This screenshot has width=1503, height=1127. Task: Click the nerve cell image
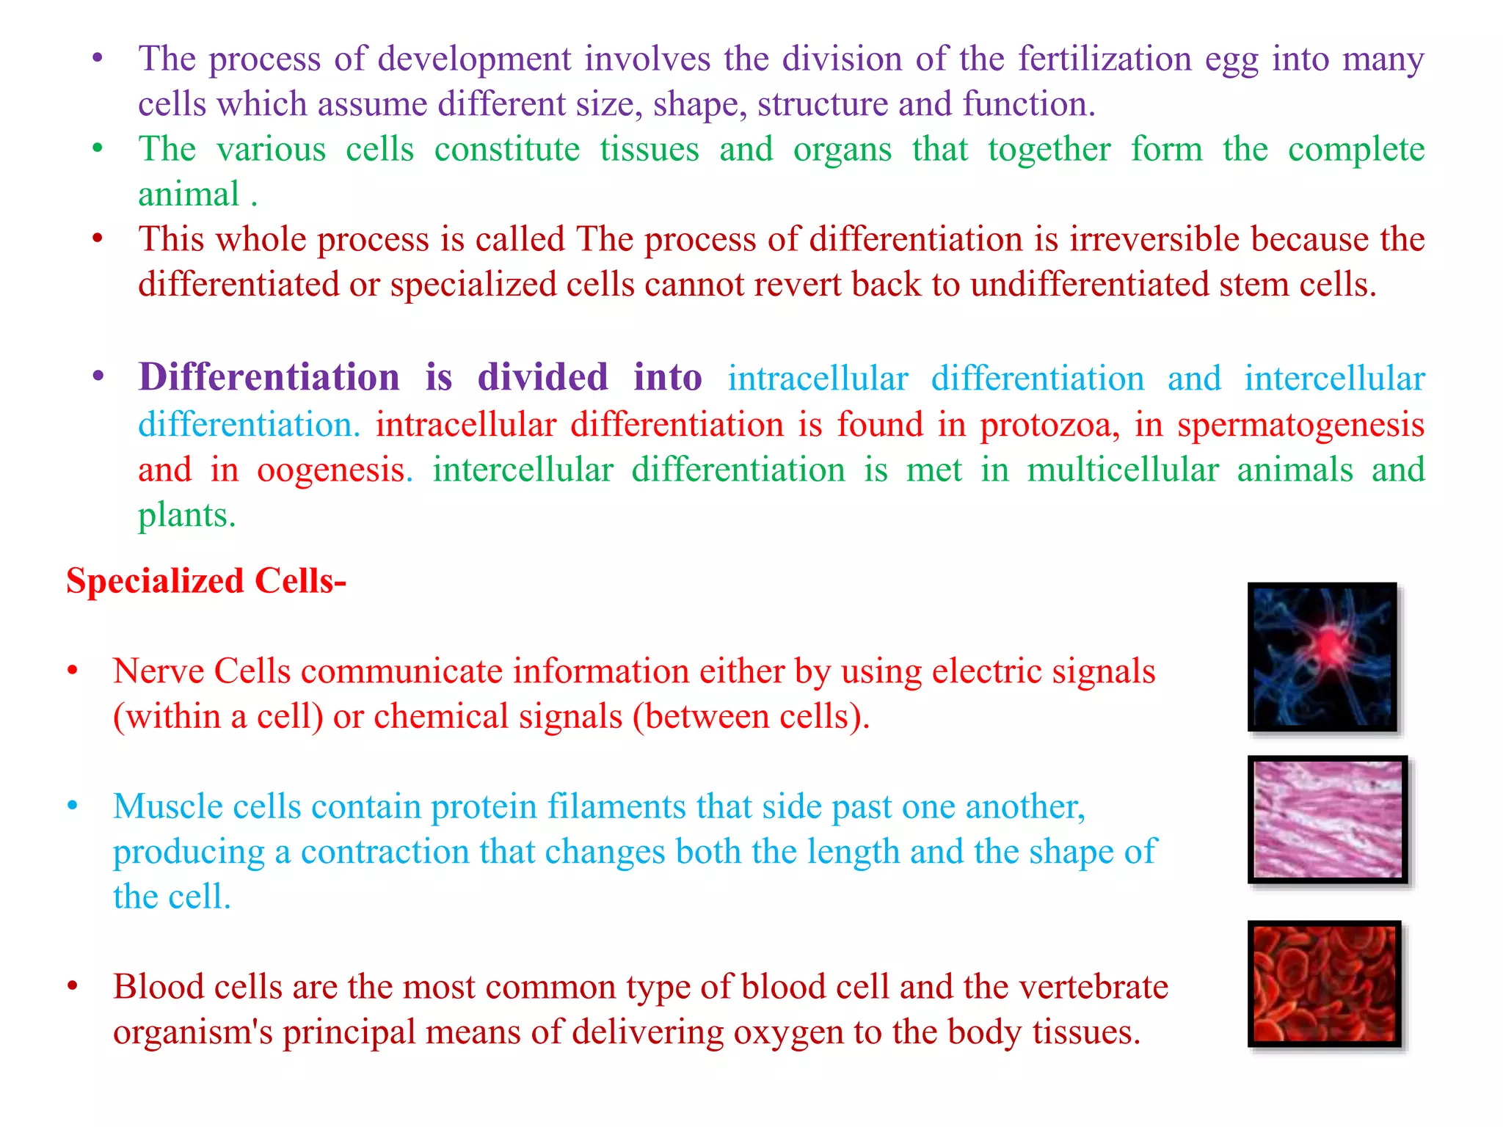1322,657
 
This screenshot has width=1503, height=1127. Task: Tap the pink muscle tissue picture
1328,819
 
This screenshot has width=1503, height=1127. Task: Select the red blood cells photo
1325,983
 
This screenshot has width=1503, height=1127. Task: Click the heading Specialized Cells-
206,581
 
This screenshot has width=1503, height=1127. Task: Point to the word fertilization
1105,59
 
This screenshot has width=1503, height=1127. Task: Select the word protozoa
1050,425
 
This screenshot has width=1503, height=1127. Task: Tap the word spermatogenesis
1300,426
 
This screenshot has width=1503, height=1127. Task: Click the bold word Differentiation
269,378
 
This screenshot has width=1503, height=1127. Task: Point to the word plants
186,515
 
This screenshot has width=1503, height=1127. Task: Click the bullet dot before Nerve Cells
72,671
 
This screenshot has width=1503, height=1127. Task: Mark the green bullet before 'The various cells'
98,149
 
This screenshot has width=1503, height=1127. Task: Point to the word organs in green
842,150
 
